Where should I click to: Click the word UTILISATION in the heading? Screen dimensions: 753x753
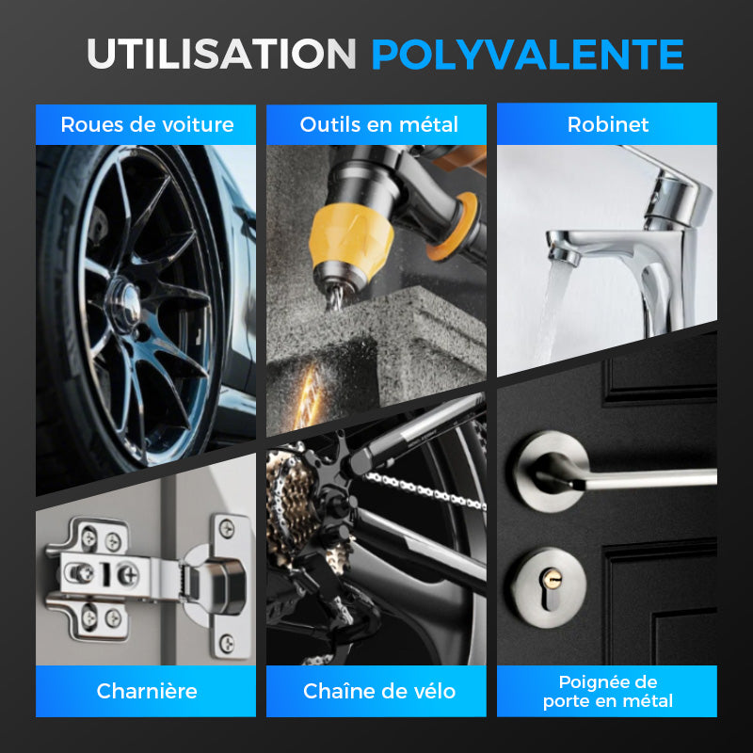pos(221,54)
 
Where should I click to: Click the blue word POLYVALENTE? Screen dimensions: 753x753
pos(527,55)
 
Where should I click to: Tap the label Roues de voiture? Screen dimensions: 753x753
pos(147,124)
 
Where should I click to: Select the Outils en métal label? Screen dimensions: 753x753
pos(379,124)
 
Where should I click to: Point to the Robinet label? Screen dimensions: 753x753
pos(608,124)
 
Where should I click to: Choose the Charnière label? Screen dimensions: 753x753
pos(147,691)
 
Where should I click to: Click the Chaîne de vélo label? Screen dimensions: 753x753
pos(379,691)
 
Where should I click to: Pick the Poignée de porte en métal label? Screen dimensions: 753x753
pos(608,691)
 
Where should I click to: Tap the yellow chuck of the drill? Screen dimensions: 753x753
pos(350,240)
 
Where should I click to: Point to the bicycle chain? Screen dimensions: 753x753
pos(425,489)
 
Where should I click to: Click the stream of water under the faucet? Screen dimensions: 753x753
pos(552,312)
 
